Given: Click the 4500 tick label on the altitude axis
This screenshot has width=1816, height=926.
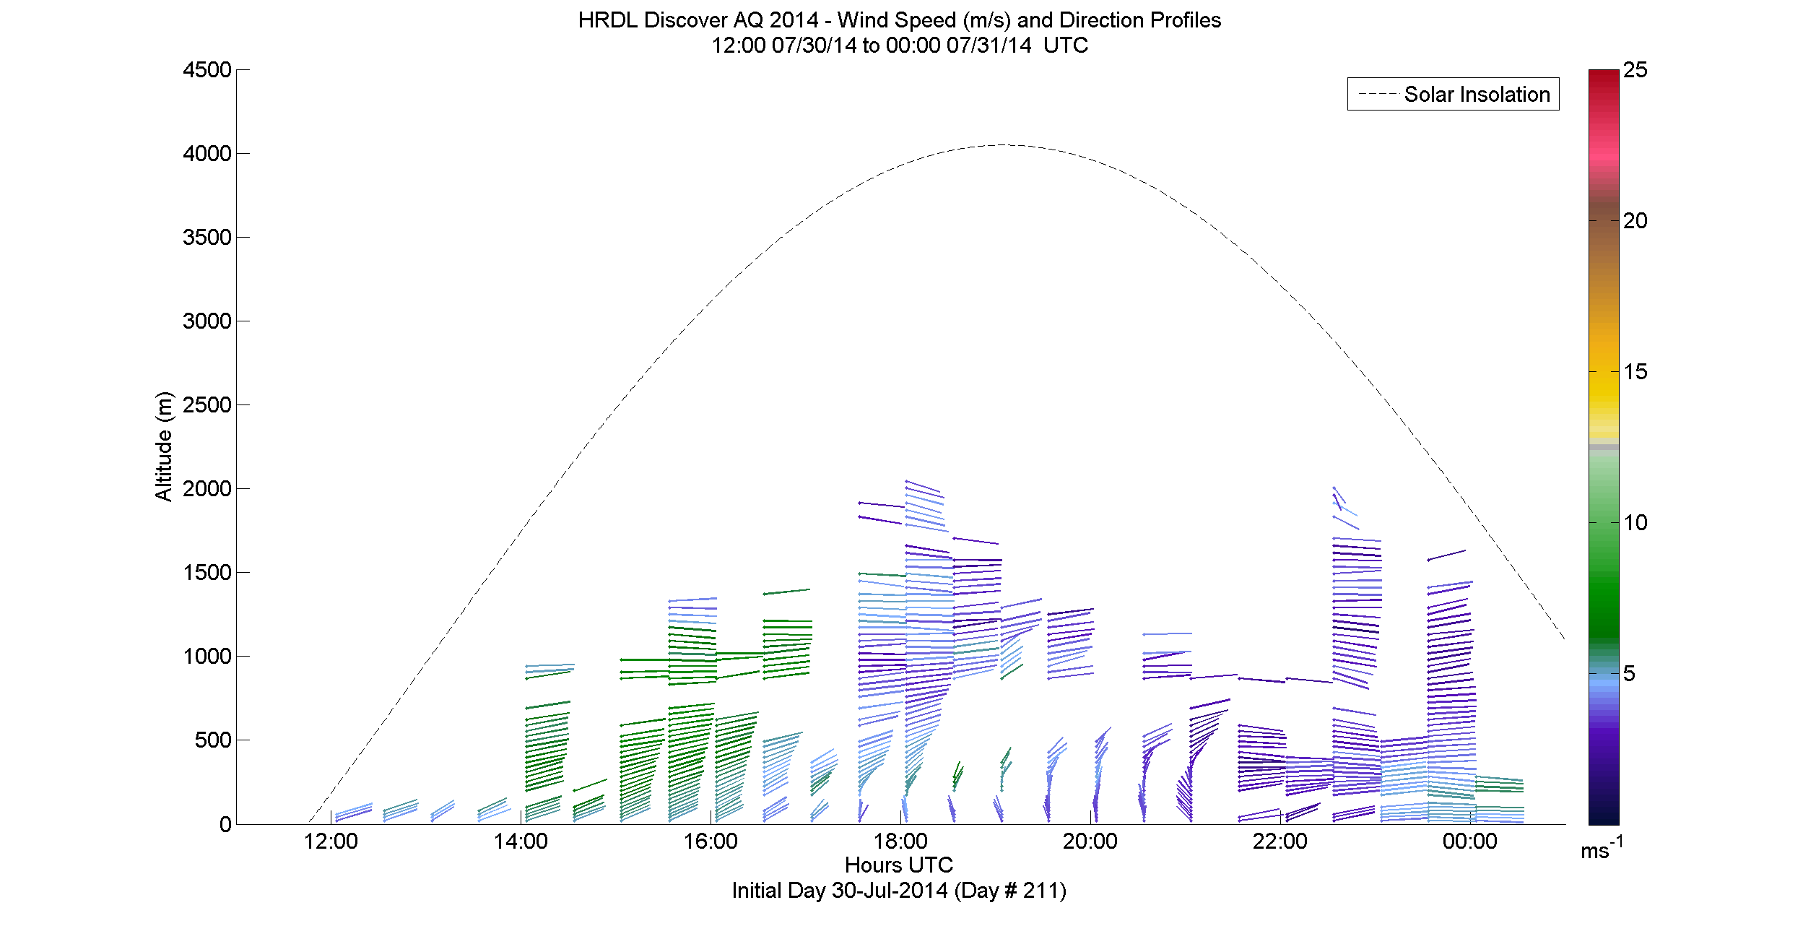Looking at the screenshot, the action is click(x=207, y=70).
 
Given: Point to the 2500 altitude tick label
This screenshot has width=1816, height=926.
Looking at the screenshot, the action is click(x=207, y=405).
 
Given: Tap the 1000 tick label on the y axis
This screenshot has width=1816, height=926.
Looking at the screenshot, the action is click(x=207, y=657).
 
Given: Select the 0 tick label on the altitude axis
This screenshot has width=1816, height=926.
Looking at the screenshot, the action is click(x=225, y=824).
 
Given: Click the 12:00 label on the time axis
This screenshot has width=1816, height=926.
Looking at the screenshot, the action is click(x=331, y=841).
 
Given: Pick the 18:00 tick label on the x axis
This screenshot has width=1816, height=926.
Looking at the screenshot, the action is click(x=900, y=841).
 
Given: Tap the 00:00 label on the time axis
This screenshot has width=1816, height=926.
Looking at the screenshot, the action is click(x=1470, y=841).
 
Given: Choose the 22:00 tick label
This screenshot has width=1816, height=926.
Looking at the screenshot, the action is click(x=1280, y=841).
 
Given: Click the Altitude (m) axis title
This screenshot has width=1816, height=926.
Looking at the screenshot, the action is click(x=164, y=446).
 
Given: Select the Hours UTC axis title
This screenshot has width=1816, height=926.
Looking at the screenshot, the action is click(x=899, y=865).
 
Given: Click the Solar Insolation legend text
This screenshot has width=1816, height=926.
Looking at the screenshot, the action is click(x=1477, y=95).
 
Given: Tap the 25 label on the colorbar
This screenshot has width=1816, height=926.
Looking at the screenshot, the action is click(x=1635, y=70).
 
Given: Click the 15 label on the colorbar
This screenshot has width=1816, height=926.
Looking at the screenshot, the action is click(x=1635, y=372).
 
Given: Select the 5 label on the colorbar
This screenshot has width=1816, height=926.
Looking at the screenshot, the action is click(x=1629, y=674).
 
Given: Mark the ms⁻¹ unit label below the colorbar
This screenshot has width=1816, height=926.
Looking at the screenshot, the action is click(x=1602, y=848).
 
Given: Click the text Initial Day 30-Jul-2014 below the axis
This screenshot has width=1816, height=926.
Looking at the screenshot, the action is click(x=839, y=891).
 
